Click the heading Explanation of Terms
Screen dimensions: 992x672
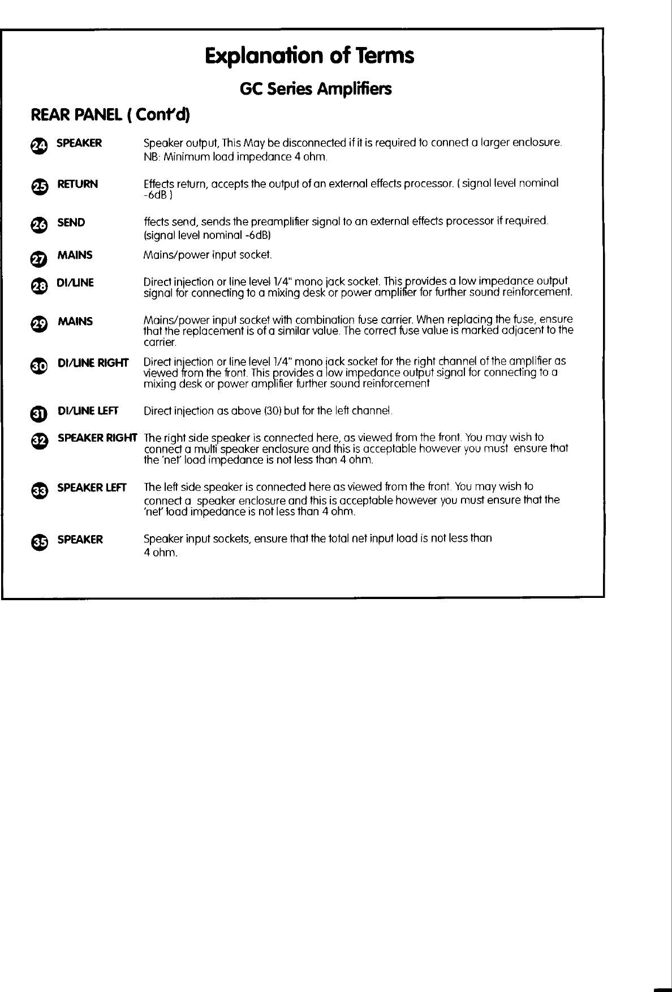[x=309, y=56]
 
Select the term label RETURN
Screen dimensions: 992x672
[x=77, y=184]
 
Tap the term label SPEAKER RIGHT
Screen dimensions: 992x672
[x=97, y=438]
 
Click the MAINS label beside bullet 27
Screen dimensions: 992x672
[x=75, y=255]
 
